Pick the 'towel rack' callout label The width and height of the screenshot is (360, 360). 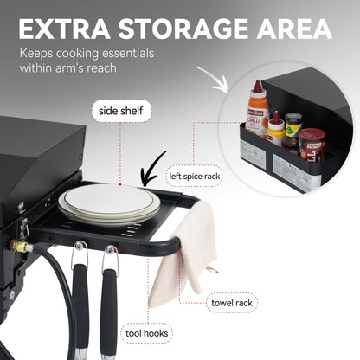[x=231, y=303]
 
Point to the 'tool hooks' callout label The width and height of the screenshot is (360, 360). [x=146, y=333]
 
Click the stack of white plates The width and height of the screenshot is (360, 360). [x=109, y=202]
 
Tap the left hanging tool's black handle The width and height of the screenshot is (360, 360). [x=80, y=303]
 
